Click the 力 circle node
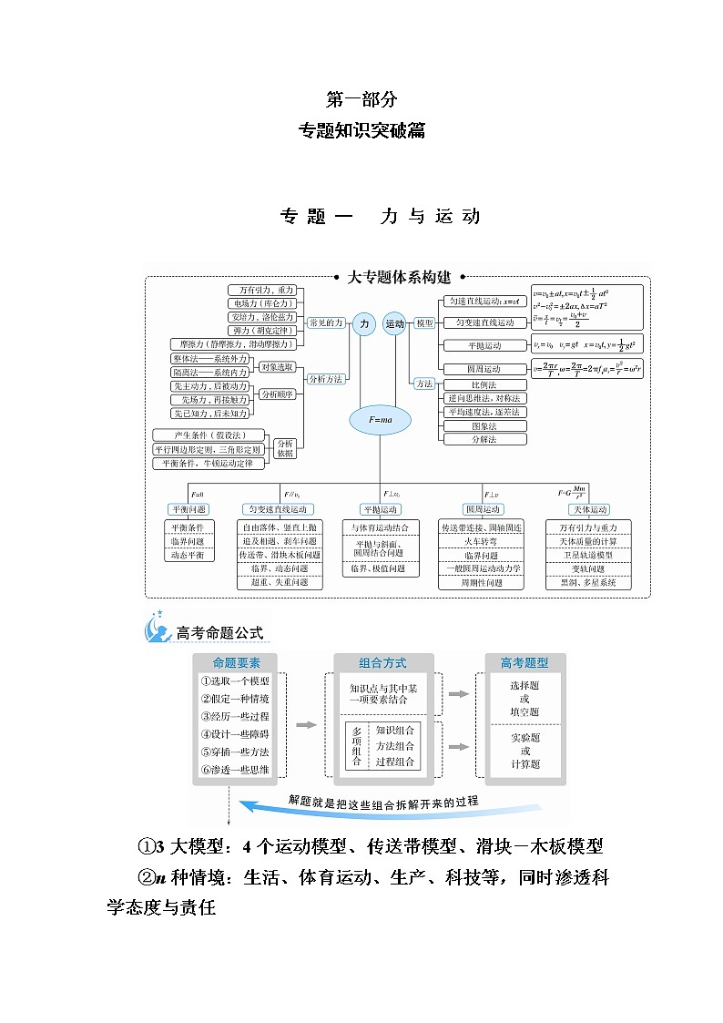[365, 324]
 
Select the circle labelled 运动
[394, 324]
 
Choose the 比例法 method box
[484, 384]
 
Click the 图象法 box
[484, 425]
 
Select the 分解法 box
[484, 439]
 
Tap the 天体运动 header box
[588, 509]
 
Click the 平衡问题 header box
[188, 509]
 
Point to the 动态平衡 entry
[188, 555]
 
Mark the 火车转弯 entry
[481, 541]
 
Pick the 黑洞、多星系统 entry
[588, 582]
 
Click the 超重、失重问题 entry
[280, 582]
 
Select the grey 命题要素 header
[236, 663]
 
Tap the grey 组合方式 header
[382, 663]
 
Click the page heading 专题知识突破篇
[361, 130]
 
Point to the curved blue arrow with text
[382, 803]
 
